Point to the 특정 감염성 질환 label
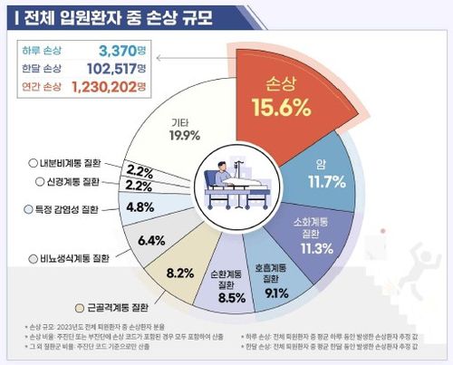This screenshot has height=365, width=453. point(63,209)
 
